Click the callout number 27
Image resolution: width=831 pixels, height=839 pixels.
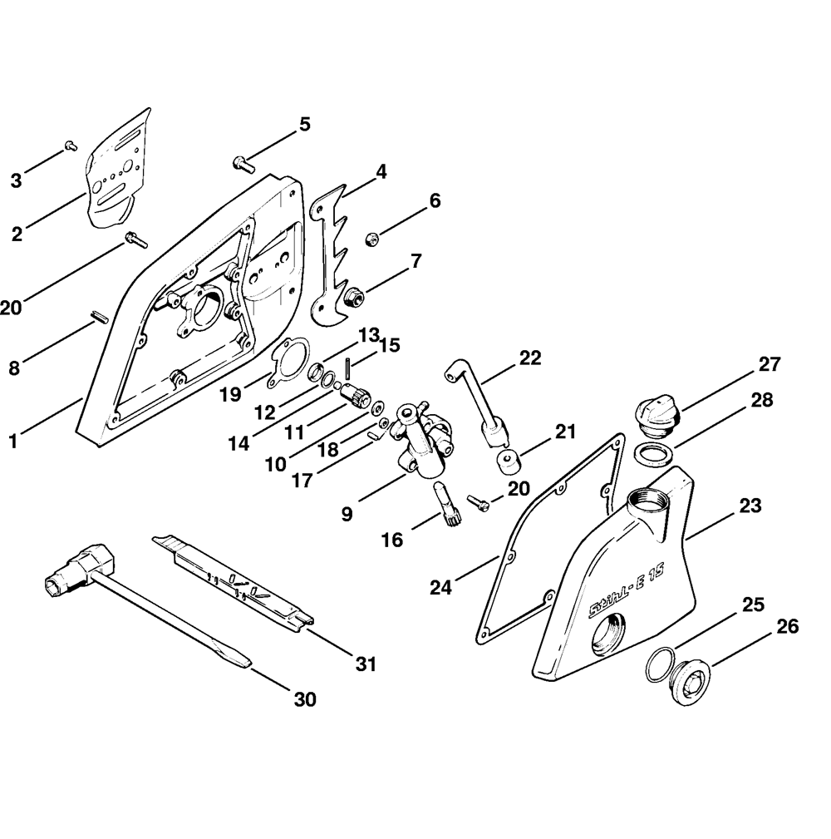pyautogui.click(x=769, y=364)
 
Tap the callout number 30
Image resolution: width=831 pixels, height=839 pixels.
pyautogui.click(x=305, y=699)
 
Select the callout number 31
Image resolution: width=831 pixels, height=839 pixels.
pyautogui.click(x=366, y=664)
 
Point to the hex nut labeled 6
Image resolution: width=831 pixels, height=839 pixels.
pyautogui.click(x=371, y=239)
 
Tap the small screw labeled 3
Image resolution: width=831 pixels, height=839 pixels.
pyautogui.click(x=71, y=147)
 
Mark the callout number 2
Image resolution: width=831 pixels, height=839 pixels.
pyautogui.click(x=17, y=234)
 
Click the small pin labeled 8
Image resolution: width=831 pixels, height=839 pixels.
pyautogui.click(x=97, y=317)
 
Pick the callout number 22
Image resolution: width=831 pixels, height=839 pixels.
pyautogui.click(x=529, y=358)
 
